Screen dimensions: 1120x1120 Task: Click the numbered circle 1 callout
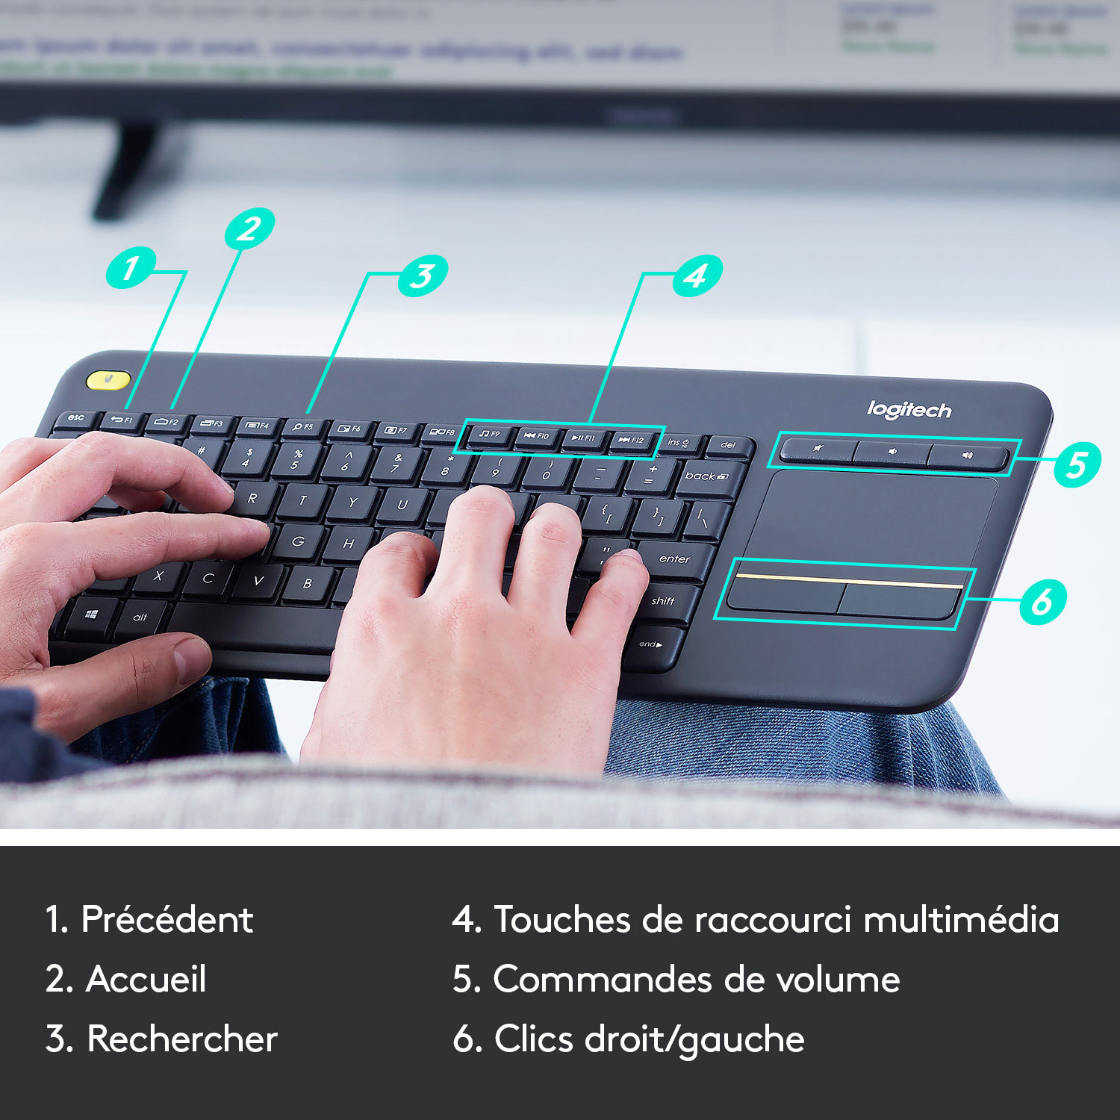tap(131, 267)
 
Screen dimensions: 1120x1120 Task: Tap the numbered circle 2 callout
tap(249, 228)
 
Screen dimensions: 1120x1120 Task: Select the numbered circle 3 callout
tap(423, 276)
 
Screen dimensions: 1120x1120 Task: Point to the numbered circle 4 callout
tap(697, 276)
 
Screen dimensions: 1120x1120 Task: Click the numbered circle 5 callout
tap(1077, 464)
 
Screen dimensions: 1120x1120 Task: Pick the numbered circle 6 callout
tap(1042, 601)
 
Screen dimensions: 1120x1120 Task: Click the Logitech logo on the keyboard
tap(909, 409)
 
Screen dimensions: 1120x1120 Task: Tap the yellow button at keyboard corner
tap(108, 379)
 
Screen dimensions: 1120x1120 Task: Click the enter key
tap(674, 560)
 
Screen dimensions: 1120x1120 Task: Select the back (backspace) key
tap(706, 476)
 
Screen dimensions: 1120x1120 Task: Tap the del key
tap(728, 446)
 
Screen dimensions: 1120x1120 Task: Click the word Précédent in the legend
tap(167, 919)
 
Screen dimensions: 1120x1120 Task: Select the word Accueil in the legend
tap(146, 979)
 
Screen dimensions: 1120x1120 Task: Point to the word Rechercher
tap(182, 1039)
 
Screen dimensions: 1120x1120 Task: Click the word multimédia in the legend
tap(961, 919)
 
